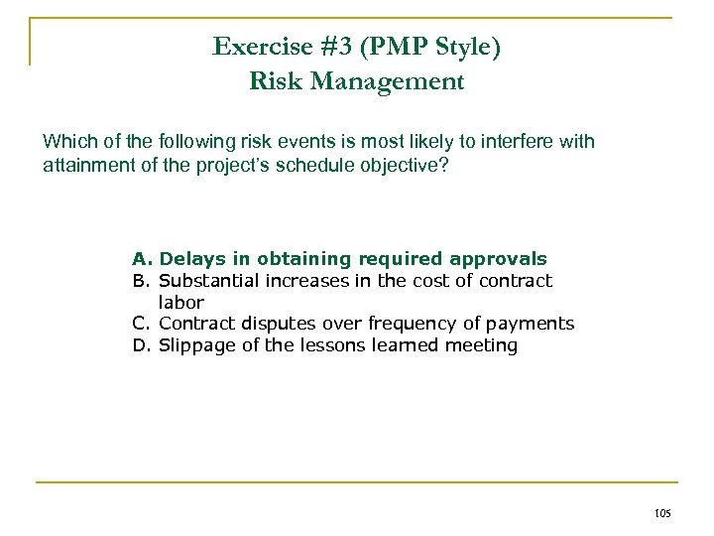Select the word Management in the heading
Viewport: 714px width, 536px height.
(408, 81)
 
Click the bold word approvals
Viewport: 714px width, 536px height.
(503, 259)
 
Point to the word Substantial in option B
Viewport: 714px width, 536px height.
(208, 281)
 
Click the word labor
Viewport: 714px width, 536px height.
(181, 302)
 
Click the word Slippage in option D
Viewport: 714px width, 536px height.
(195, 345)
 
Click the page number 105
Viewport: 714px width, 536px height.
(663, 513)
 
